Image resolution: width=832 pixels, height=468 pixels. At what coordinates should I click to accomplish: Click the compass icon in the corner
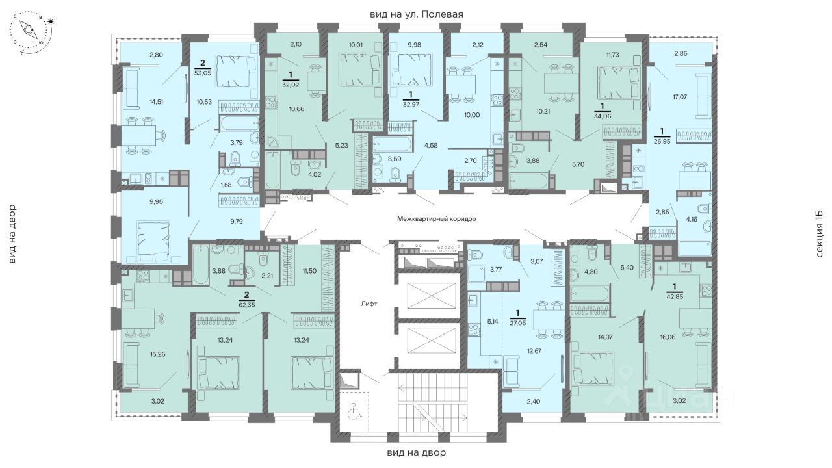pyautogui.click(x=31, y=31)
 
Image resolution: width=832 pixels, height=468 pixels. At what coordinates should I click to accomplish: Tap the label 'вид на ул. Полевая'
pyautogui.click(x=417, y=14)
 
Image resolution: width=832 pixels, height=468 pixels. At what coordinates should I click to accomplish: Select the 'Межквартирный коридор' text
pyautogui.click(x=436, y=219)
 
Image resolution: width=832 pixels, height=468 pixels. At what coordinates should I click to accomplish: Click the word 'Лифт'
pyautogui.click(x=369, y=304)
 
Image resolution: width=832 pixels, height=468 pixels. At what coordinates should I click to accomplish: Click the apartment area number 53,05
pyautogui.click(x=202, y=73)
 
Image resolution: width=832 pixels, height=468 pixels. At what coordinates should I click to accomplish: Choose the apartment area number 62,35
pyautogui.click(x=246, y=305)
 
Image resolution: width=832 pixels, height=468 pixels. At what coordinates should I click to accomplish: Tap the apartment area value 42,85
pyautogui.click(x=675, y=297)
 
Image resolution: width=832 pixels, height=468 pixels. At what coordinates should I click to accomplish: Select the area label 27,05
pyautogui.click(x=518, y=323)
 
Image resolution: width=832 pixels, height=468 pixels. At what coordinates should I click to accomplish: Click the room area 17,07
pyautogui.click(x=680, y=97)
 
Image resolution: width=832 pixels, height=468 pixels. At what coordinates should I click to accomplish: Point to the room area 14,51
pyautogui.click(x=156, y=102)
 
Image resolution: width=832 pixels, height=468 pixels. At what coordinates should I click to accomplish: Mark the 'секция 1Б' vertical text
pyautogui.click(x=820, y=234)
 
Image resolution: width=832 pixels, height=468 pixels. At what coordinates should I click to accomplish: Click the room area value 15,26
pyautogui.click(x=157, y=354)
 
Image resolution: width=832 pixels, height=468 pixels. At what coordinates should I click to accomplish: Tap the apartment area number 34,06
pyautogui.click(x=602, y=116)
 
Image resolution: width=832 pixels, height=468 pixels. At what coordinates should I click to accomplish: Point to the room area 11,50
pyautogui.click(x=309, y=271)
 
